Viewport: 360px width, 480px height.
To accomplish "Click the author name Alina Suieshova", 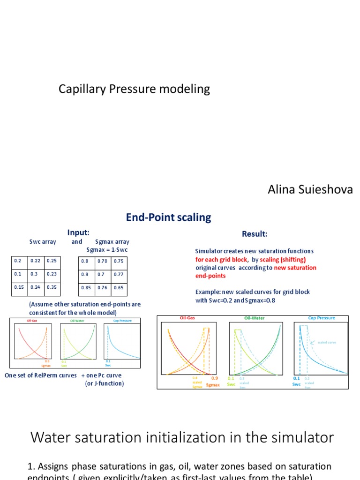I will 310,189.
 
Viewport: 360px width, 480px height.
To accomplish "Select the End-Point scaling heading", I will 168,217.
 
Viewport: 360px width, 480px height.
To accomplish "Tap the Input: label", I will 78,233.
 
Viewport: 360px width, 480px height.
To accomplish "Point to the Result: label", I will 255,234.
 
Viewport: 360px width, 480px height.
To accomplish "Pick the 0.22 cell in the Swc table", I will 36,261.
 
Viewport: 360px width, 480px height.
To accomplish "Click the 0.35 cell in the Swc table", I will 52,288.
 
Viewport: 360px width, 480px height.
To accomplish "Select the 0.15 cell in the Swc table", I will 19,288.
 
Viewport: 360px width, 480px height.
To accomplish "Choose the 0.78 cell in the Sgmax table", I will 103,261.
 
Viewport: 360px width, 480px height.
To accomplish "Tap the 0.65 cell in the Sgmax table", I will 119,288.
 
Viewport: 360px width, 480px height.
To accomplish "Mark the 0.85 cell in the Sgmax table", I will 86,288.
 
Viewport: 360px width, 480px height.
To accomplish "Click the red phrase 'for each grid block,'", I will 222,259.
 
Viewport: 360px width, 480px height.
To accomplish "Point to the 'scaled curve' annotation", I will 327,342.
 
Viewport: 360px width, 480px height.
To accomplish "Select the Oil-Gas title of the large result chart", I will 187,318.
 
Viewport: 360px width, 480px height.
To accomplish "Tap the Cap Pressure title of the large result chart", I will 321,318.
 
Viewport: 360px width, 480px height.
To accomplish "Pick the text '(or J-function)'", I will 105,383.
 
